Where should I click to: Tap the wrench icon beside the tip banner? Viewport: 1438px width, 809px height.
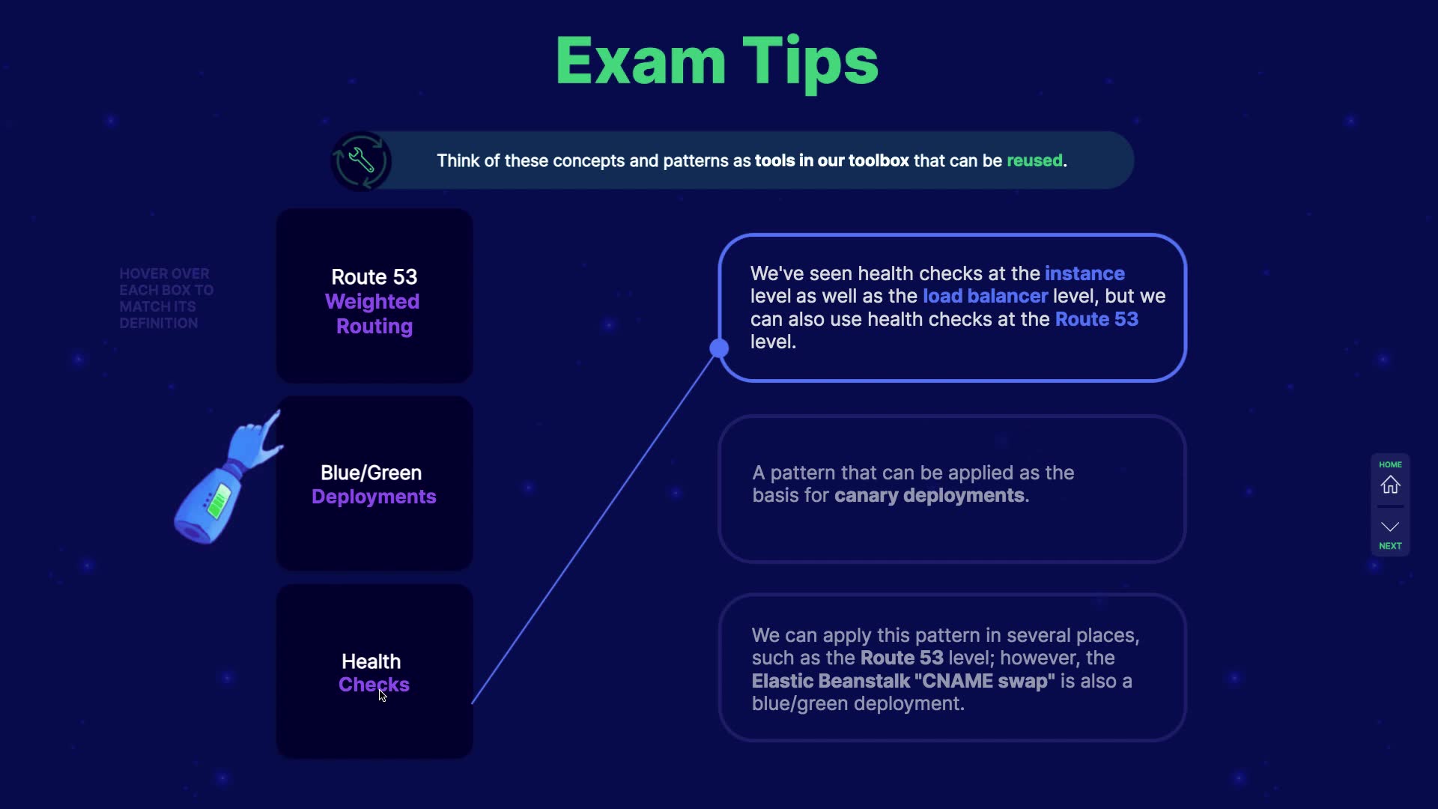click(x=361, y=160)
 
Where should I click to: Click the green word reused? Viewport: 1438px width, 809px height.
click(x=1034, y=160)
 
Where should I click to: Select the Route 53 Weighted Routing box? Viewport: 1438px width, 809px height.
click(x=374, y=297)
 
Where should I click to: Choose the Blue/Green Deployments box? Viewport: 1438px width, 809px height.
click(x=374, y=484)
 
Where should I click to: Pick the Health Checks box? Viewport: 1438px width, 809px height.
click(x=374, y=672)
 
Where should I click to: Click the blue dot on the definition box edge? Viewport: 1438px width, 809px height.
click(x=719, y=348)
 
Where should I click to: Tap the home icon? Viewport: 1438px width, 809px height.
click(x=1390, y=485)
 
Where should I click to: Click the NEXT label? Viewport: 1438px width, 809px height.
click(x=1390, y=546)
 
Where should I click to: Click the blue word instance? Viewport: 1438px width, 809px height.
click(x=1084, y=273)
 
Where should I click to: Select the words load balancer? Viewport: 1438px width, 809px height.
click(x=985, y=296)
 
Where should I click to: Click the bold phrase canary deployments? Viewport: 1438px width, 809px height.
click(x=929, y=495)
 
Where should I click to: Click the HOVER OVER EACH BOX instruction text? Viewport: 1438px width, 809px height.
click(x=166, y=298)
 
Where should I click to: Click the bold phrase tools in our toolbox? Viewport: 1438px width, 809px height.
click(x=831, y=160)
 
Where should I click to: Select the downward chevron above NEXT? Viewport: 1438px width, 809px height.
click(x=1390, y=527)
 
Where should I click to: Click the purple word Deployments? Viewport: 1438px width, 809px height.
click(x=374, y=497)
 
